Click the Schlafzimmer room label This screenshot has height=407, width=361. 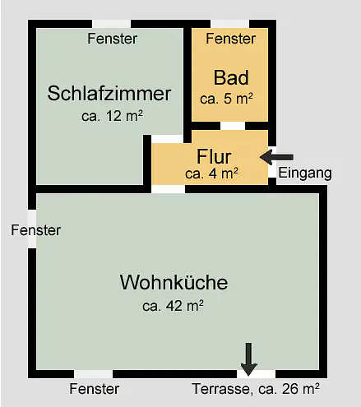(x=109, y=94)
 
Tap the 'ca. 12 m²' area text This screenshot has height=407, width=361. (x=112, y=116)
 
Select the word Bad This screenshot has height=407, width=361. (x=231, y=77)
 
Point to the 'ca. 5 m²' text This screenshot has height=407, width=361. (x=226, y=99)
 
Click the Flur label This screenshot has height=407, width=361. (x=214, y=156)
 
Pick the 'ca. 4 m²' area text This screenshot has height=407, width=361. (x=211, y=173)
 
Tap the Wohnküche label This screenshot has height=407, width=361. (x=174, y=282)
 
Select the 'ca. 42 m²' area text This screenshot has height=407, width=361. (x=173, y=306)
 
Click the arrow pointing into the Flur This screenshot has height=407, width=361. (x=276, y=157)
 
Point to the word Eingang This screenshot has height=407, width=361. (x=305, y=173)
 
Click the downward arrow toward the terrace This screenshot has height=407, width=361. (x=248, y=359)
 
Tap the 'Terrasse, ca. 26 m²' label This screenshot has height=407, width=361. (x=256, y=389)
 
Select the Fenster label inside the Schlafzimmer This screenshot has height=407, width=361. (x=113, y=39)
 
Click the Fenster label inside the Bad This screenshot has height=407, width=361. (x=231, y=39)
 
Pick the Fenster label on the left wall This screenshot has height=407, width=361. (x=36, y=230)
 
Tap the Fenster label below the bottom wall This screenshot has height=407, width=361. (x=95, y=389)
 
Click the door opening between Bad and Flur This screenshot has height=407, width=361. (x=233, y=126)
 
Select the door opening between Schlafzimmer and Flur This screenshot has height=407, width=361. (x=167, y=139)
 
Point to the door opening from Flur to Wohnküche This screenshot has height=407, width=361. (x=169, y=189)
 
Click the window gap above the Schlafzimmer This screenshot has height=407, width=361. (x=112, y=24)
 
